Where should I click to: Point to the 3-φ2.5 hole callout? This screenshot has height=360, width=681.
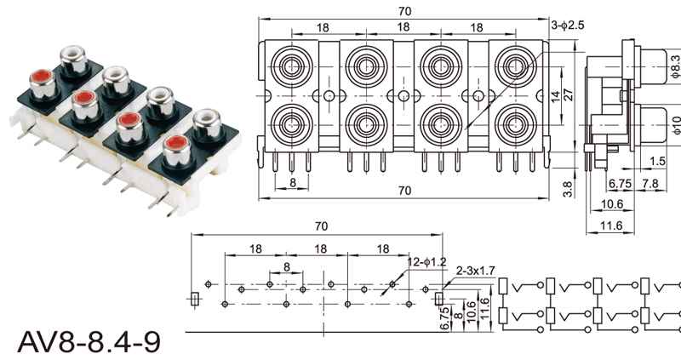click(x=568, y=26)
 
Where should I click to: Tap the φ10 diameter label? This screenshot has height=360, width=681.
click(x=675, y=125)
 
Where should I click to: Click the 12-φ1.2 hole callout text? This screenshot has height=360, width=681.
click(x=426, y=260)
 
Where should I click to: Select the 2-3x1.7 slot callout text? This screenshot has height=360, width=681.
click(x=477, y=271)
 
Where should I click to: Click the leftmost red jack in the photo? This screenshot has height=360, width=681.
click(x=40, y=84)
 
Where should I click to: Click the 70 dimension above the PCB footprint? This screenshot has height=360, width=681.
click(x=321, y=227)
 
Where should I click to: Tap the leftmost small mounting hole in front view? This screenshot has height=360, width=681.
click(x=329, y=95)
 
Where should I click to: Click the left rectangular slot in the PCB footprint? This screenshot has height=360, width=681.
click(x=195, y=299)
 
